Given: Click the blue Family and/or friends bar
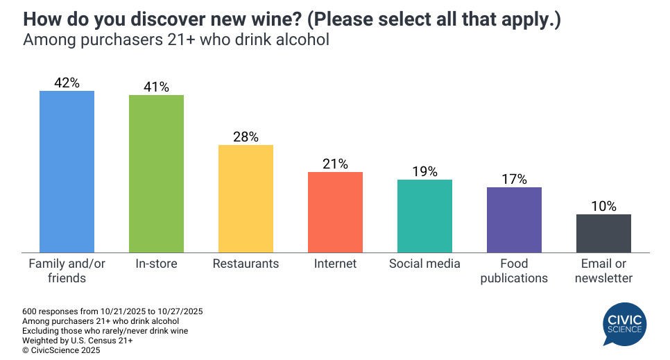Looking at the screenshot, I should pyautogui.click(x=67, y=171).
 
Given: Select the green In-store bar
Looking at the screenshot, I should pyautogui.click(x=156, y=173).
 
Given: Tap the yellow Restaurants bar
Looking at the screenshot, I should pyautogui.click(x=246, y=198).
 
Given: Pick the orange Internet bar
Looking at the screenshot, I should pyautogui.click(x=335, y=212).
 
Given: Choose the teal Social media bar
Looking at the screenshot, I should pyautogui.click(x=424, y=216).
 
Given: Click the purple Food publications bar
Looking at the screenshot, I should pyautogui.click(x=514, y=219).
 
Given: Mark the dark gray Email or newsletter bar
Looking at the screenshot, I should pyautogui.click(x=603, y=233).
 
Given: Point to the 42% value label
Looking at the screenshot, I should pyautogui.click(x=67, y=83).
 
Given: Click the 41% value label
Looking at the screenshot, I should pyautogui.click(x=156, y=87).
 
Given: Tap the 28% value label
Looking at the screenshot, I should pyautogui.click(x=246, y=137).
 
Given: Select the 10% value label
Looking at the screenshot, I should pyautogui.click(x=603, y=206).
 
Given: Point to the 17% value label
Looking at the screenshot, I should pyautogui.click(x=514, y=179).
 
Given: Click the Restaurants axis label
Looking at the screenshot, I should pyautogui.click(x=246, y=264).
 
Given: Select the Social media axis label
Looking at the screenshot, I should pyautogui.click(x=424, y=264).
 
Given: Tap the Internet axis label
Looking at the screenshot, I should pyautogui.click(x=335, y=264).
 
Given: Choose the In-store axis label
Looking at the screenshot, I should pyautogui.click(x=156, y=264).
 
